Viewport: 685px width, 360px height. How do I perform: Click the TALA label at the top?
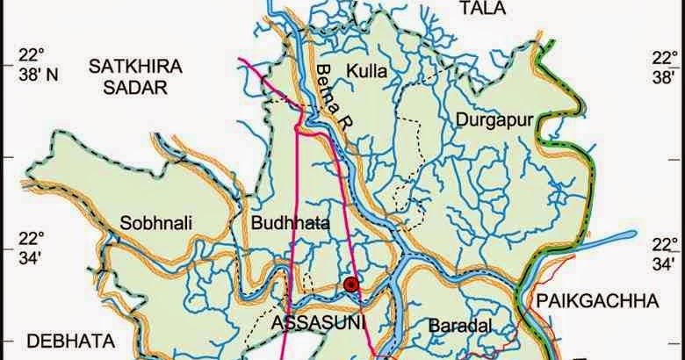(478, 9)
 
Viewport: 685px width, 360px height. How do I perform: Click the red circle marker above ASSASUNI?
(350, 283)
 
